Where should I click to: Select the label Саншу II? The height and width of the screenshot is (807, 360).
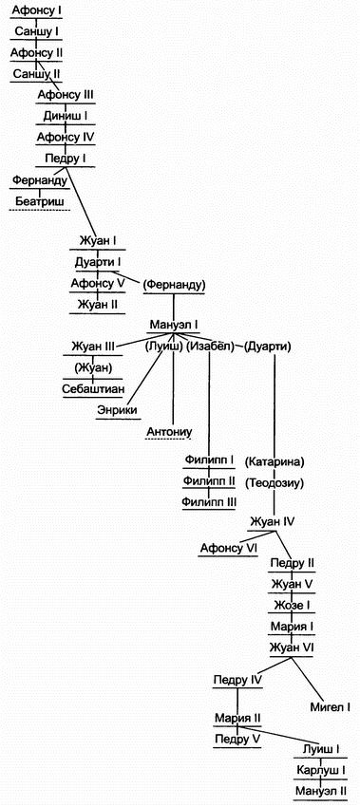(36, 73)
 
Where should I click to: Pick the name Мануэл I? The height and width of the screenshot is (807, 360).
(173, 325)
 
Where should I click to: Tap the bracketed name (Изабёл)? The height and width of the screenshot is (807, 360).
(210, 347)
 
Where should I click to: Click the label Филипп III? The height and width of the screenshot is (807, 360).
(210, 502)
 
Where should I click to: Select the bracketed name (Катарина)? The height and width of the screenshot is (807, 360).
(274, 461)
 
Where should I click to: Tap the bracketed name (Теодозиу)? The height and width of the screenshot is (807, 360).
(274, 482)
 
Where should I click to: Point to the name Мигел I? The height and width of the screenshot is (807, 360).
(330, 706)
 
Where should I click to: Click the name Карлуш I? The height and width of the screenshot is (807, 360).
(317, 769)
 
